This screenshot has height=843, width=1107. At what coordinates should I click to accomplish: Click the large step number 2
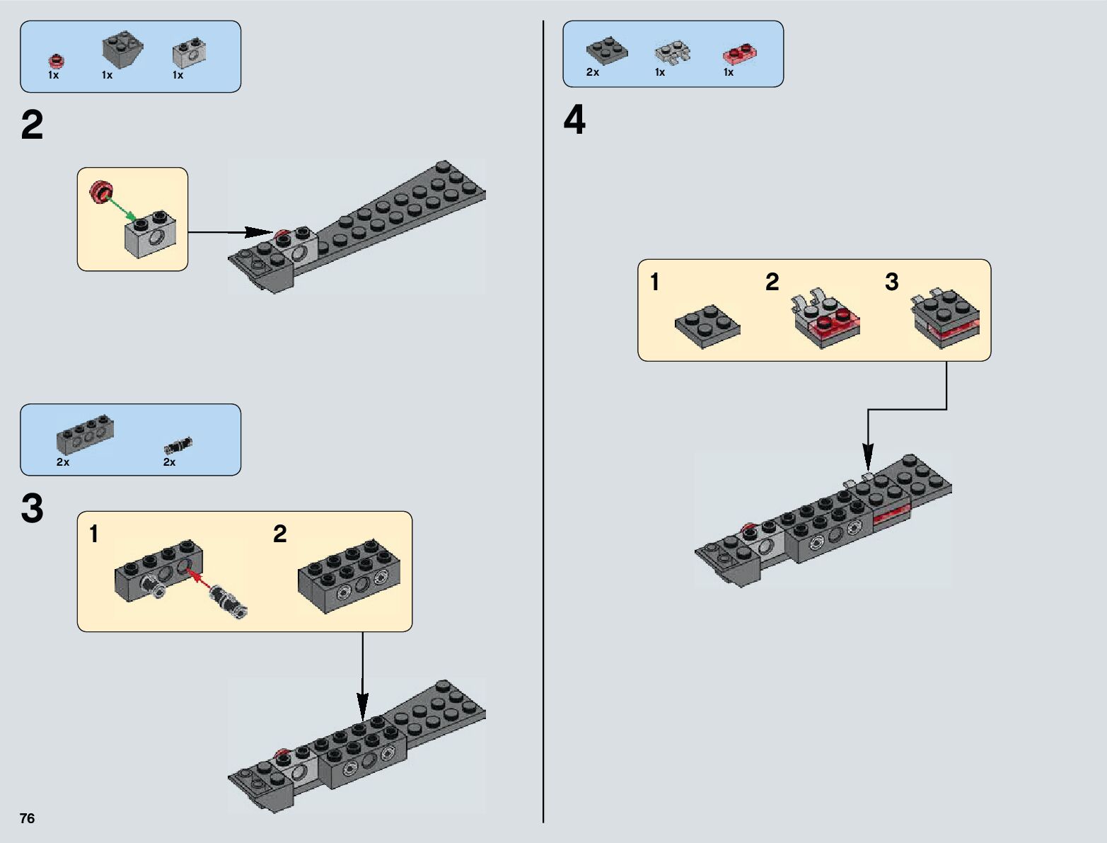[33, 126]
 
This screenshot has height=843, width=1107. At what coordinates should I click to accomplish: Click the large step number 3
[33, 509]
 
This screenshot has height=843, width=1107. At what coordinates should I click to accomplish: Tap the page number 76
[27, 818]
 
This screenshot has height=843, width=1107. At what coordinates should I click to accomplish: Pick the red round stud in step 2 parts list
[55, 60]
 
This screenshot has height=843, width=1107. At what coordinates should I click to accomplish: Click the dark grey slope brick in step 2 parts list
[122, 49]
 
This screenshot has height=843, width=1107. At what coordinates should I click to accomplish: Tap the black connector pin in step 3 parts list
[178, 445]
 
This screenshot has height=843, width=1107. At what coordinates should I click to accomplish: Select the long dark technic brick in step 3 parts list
[85, 433]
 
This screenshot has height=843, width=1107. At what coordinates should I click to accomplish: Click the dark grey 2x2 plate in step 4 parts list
[606, 50]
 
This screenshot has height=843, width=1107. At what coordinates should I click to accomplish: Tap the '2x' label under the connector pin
[170, 462]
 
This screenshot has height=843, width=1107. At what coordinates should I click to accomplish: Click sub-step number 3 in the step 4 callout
[891, 282]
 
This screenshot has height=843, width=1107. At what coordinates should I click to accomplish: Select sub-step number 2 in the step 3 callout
[280, 534]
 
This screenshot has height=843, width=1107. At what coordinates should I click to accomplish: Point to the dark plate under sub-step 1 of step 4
[707, 326]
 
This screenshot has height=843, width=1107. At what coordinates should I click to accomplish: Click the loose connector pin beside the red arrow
[228, 600]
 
